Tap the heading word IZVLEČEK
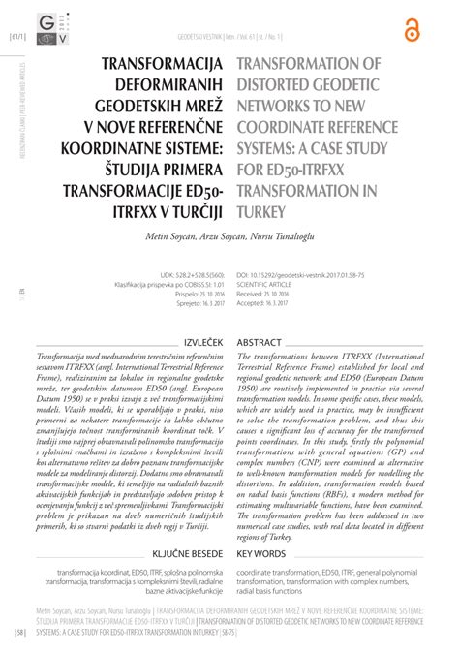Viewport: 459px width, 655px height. pyautogui.click(x=201, y=343)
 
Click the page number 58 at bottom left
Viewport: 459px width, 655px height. pyautogui.click(x=19, y=633)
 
